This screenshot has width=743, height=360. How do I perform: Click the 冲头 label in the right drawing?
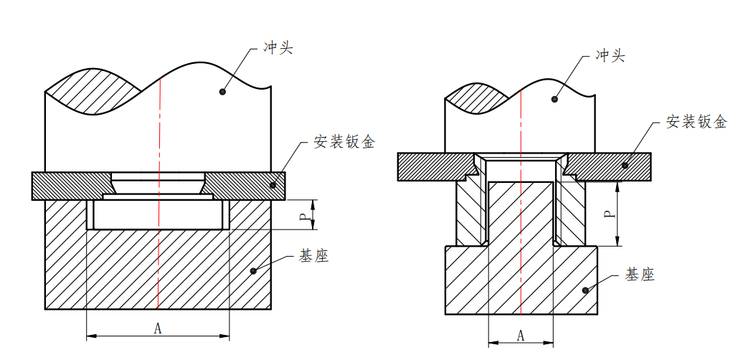[x=610, y=56]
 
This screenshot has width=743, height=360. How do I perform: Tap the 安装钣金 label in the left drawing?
[x=344, y=142]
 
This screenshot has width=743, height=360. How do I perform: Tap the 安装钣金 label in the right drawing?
[x=696, y=122]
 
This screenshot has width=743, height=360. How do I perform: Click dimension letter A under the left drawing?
[x=158, y=328]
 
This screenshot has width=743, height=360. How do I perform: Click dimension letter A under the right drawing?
[x=521, y=336]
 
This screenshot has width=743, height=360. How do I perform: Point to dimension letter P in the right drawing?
[x=607, y=213]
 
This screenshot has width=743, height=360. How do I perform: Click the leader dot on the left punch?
[x=222, y=92]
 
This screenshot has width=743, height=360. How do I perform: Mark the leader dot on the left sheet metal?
[x=273, y=185]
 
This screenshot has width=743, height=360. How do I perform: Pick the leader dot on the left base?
[x=254, y=270]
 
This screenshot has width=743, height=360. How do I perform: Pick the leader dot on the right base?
[x=585, y=290]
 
